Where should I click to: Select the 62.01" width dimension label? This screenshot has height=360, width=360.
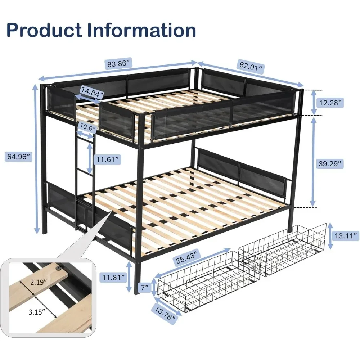coord(251,67)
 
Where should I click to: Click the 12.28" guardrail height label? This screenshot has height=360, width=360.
coord(328,103)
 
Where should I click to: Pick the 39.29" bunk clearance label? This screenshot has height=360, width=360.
coord(328,164)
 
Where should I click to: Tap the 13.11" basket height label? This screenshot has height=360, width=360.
coord(345,236)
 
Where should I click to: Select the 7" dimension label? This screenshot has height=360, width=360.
coord(145,287)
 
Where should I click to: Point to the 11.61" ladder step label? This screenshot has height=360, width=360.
coord(106,159)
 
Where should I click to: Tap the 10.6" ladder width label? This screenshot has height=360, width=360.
coord(87,128)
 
